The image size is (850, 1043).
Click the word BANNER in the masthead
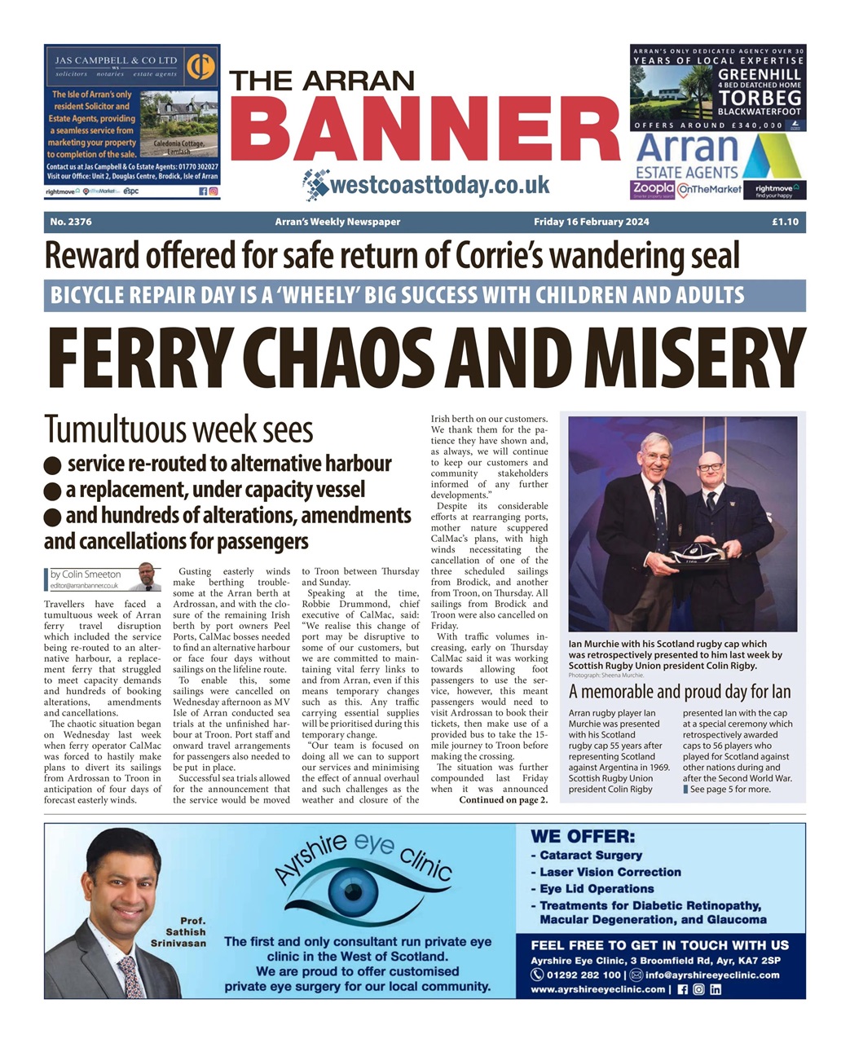(425, 130)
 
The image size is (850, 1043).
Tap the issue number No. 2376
(71, 222)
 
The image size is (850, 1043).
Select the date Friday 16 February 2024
(591, 222)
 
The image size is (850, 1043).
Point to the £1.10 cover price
(785, 222)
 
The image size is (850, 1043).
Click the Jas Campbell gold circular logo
(200, 67)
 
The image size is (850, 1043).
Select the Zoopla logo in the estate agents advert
(652, 189)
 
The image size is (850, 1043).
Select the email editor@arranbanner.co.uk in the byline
(85, 585)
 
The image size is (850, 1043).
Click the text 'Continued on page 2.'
(503, 799)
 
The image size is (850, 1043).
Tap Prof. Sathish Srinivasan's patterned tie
(130, 976)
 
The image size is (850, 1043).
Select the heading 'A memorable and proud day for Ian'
(679, 692)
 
